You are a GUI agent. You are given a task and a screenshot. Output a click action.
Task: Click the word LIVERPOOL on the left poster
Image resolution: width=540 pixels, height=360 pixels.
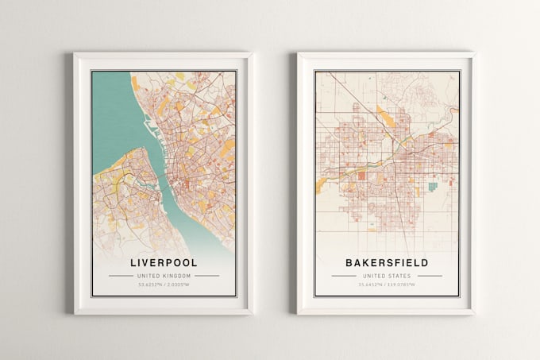click(x=164, y=262)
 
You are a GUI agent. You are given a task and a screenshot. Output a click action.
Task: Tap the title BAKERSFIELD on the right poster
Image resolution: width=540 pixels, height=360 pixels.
click(x=387, y=262)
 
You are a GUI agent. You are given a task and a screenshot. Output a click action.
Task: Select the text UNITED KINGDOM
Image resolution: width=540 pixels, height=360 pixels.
click(x=164, y=276)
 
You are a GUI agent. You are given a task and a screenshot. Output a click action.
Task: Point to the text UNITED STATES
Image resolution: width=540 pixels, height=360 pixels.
click(x=387, y=276)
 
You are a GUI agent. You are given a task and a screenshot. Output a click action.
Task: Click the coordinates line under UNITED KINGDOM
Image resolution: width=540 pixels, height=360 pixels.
click(x=164, y=285)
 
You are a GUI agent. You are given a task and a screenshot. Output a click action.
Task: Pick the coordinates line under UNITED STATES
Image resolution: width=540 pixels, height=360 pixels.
click(x=387, y=285)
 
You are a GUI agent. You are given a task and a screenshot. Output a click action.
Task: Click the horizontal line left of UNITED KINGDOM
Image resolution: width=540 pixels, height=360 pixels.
click(x=121, y=276)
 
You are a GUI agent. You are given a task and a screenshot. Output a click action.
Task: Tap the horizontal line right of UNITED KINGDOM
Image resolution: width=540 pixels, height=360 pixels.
click(x=206, y=276)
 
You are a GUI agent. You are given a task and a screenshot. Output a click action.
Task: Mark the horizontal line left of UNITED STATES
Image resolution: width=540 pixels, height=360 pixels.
click(x=344, y=276)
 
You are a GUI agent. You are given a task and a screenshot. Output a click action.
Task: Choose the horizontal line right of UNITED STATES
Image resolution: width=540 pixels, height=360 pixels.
click(x=430, y=276)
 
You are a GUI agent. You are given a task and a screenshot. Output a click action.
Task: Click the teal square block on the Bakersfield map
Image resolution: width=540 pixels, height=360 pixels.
click(x=433, y=186)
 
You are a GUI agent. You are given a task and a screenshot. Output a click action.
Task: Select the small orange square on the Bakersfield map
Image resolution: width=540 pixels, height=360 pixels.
click(x=361, y=176)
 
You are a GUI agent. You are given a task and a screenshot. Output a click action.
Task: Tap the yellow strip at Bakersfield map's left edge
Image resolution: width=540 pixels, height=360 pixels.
click(x=321, y=185)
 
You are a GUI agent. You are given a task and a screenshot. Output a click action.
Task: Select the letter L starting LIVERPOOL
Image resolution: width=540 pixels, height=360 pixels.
click(x=132, y=262)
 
